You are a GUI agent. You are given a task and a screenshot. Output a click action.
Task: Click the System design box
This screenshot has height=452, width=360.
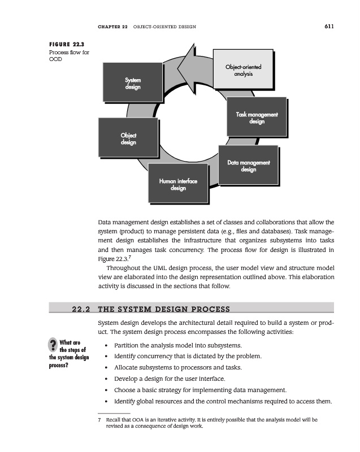click(133, 83)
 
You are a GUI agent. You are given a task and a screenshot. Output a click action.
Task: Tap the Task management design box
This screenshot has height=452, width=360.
click(257, 118)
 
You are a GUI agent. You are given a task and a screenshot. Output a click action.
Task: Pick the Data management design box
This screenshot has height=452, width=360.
click(249, 166)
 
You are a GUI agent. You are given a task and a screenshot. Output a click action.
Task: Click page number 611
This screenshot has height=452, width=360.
click(329, 25)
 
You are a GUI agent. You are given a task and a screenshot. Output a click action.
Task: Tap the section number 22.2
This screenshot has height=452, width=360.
click(82, 309)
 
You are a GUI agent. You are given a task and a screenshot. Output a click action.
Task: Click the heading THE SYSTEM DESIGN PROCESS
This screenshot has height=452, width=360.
click(164, 309)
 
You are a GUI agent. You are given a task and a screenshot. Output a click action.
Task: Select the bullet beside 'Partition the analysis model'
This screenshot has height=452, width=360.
click(107, 345)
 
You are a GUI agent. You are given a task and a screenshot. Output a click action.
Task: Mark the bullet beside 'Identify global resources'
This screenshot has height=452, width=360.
click(107, 401)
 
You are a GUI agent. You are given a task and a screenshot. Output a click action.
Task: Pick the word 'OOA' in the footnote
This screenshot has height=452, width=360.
click(138, 420)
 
